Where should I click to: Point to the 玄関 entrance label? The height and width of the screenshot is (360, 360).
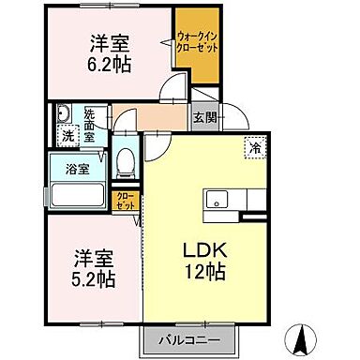pyautogui.click(x=204, y=118)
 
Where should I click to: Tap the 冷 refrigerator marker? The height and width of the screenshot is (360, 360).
pyautogui.click(x=253, y=146)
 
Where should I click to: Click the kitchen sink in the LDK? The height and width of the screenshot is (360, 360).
pyautogui.click(x=217, y=199)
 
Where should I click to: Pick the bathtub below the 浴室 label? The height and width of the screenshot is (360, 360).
pyautogui.click(x=79, y=196)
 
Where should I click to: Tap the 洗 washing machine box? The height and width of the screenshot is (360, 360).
pyautogui.click(x=67, y=135)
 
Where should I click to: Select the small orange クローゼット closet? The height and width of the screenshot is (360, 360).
pyautogui.click(x=125, y=200)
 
